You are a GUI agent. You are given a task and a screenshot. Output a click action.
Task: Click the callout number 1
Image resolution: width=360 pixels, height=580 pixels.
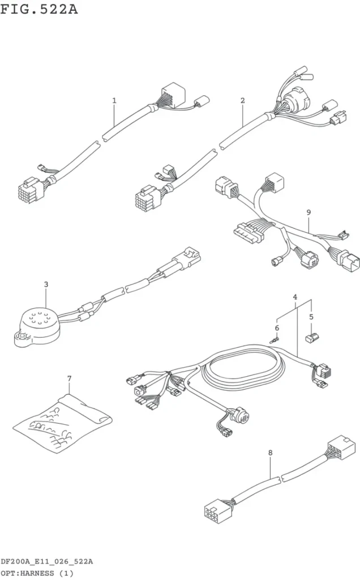click(x=114, y=100)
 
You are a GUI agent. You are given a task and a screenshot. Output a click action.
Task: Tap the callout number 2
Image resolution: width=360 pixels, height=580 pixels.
click(x=242, y=100)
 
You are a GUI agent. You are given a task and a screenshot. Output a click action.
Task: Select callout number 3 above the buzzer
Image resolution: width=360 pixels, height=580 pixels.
click(x=46, y=284)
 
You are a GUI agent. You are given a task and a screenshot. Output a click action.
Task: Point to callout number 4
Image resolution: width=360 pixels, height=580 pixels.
click(x=295, y=297)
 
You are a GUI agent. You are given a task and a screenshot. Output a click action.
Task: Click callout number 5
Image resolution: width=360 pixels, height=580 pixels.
click(x=311, y=317)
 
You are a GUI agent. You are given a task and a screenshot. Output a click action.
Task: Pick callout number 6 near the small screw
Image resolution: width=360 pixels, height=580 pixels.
click(x=277, y=328)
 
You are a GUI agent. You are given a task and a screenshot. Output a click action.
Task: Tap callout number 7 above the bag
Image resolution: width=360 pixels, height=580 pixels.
click(x=69, y=378)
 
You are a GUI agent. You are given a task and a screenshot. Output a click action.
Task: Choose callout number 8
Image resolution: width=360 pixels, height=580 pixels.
click(x=270, y=453)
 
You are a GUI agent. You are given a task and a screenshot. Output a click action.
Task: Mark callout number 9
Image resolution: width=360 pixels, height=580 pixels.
click(x=308, y=212)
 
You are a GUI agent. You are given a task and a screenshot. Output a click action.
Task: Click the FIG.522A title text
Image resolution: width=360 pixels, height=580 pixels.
click(x=39, y=9)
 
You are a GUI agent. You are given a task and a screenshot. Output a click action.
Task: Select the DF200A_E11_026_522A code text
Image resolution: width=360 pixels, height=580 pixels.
click(x=46, y=561)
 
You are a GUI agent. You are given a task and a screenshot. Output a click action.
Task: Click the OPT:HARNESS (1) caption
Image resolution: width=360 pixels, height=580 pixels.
click(x=37, y=573)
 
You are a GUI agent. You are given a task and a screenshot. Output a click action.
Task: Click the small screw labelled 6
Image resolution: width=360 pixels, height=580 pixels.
click(x=275, y=340)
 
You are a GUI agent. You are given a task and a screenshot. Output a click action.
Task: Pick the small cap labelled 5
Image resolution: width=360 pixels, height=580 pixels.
click(x=312, y=338)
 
